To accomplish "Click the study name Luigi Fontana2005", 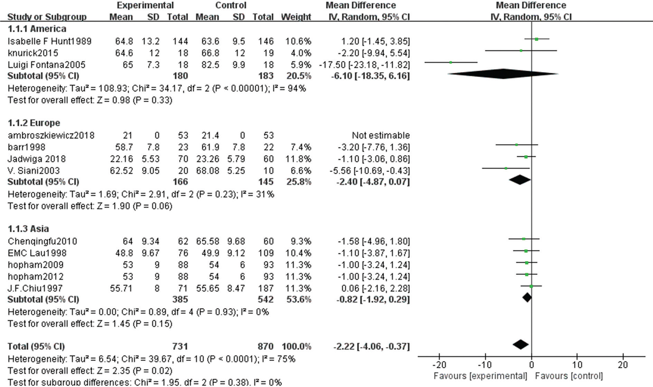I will (47, 65).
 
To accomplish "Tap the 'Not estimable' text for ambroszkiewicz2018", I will (381, 135).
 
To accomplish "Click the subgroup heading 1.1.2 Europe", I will (34, 123).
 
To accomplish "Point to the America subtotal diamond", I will (503, 74).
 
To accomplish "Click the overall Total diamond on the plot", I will (521, 344).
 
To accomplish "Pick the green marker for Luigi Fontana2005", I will (451, 63).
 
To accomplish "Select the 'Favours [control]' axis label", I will (569, 376).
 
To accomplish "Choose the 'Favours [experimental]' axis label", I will (480, 376).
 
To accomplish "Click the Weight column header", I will (296, 17).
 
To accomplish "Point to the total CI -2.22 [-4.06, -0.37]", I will (371, 347).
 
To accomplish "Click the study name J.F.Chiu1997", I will (35, 288).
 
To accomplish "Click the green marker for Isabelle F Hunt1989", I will (537, 39).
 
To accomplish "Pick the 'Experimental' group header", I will (145, 5).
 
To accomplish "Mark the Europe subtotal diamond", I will (520, 180).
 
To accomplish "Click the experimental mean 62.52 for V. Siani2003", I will (121, 171).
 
